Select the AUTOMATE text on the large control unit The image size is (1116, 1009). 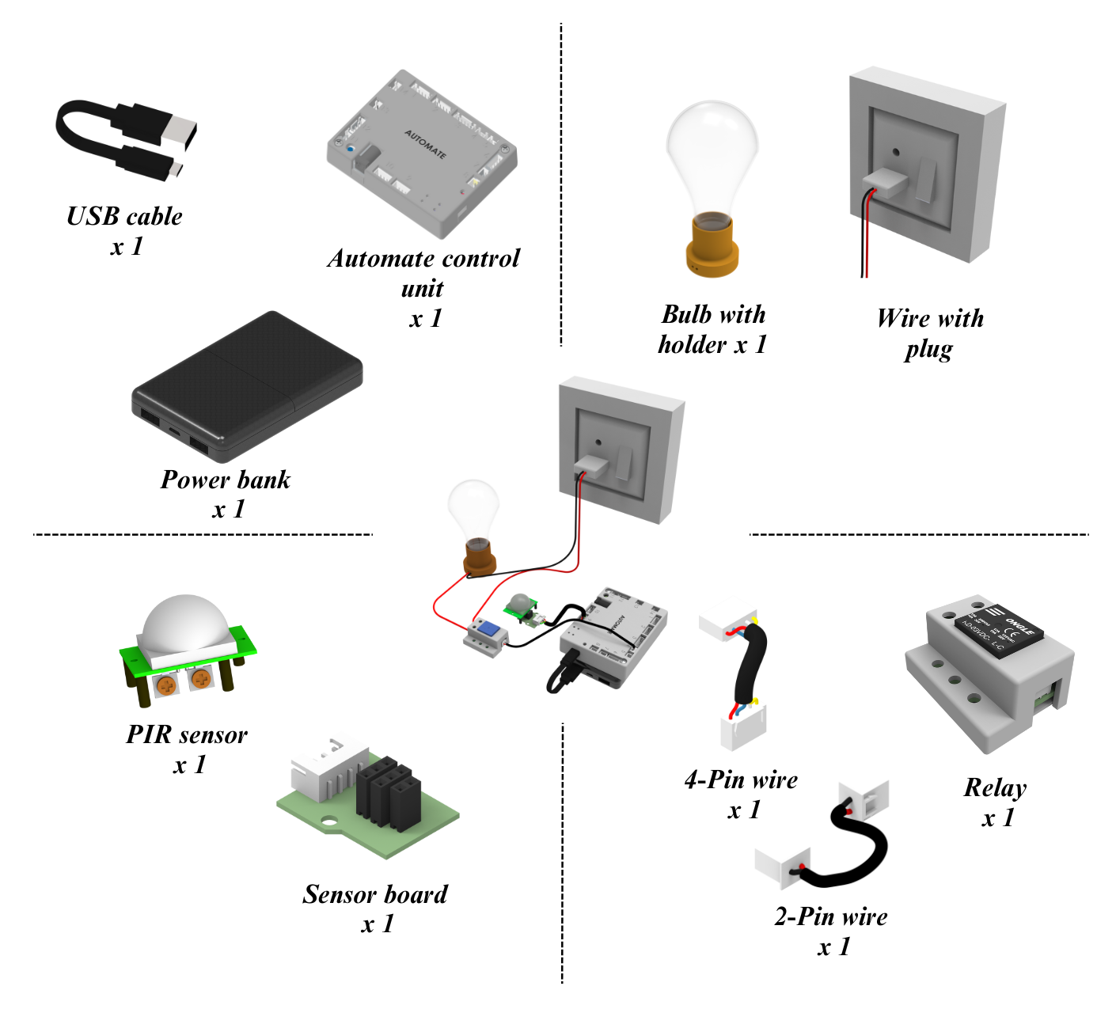tap(426, 144)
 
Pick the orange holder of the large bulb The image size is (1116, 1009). tap(712, 245)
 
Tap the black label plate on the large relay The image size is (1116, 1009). tap(1000, 632)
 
